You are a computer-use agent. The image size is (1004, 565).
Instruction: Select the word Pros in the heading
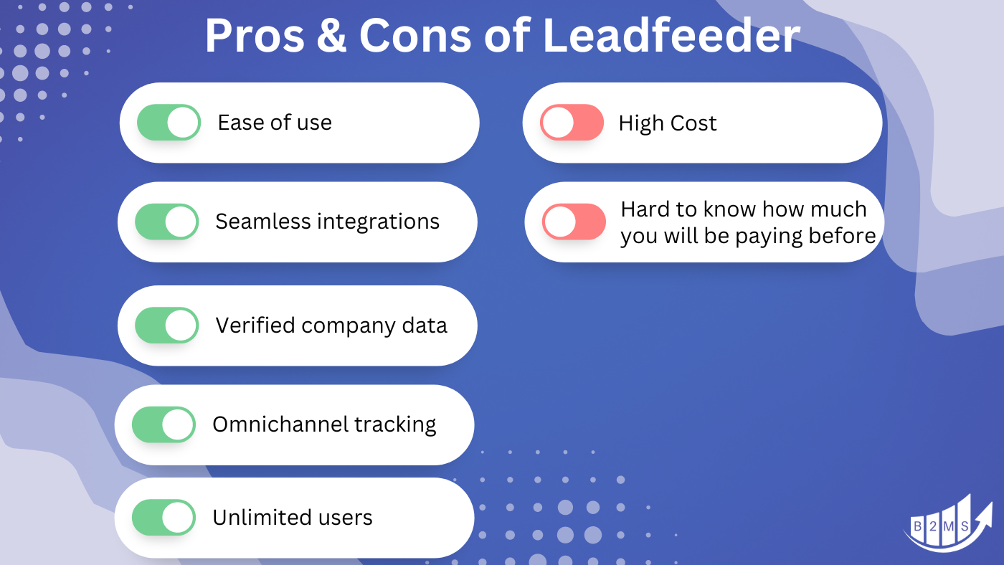point(252,35)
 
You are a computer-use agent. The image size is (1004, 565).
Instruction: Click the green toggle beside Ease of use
point(169,123)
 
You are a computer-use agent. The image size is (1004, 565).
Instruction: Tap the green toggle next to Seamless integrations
point(166,222)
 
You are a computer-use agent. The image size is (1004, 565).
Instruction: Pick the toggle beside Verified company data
point(166,326)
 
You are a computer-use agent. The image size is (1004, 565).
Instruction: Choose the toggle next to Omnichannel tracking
point(164,424)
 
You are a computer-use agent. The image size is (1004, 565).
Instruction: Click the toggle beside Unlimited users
point(164,518)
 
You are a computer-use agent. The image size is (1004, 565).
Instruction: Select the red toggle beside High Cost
point(572,123)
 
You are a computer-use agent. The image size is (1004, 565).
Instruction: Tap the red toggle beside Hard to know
point(574,222)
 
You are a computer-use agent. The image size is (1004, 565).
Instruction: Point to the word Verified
point(255,326)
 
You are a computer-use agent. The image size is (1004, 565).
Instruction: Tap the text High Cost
point(667,123)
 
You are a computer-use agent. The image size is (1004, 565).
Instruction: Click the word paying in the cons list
point(768,237)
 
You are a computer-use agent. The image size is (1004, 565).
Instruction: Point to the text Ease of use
point(275,123)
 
